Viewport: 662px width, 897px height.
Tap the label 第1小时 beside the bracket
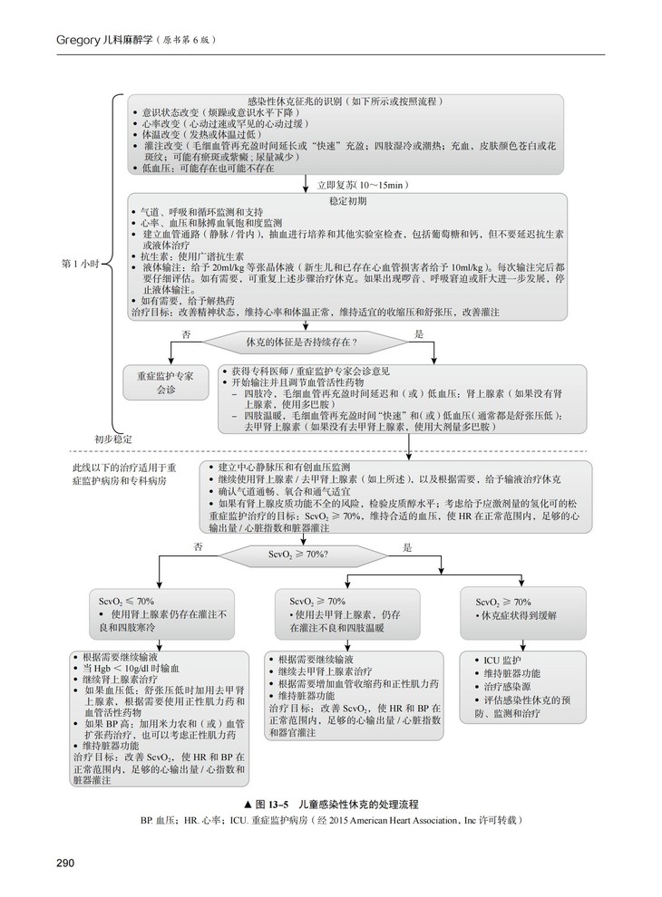click(x=81, y=264)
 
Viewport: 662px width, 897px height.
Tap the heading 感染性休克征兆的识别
click(x=345, y=101)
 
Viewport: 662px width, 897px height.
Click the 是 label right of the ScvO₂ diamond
click(x=407, y=547)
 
